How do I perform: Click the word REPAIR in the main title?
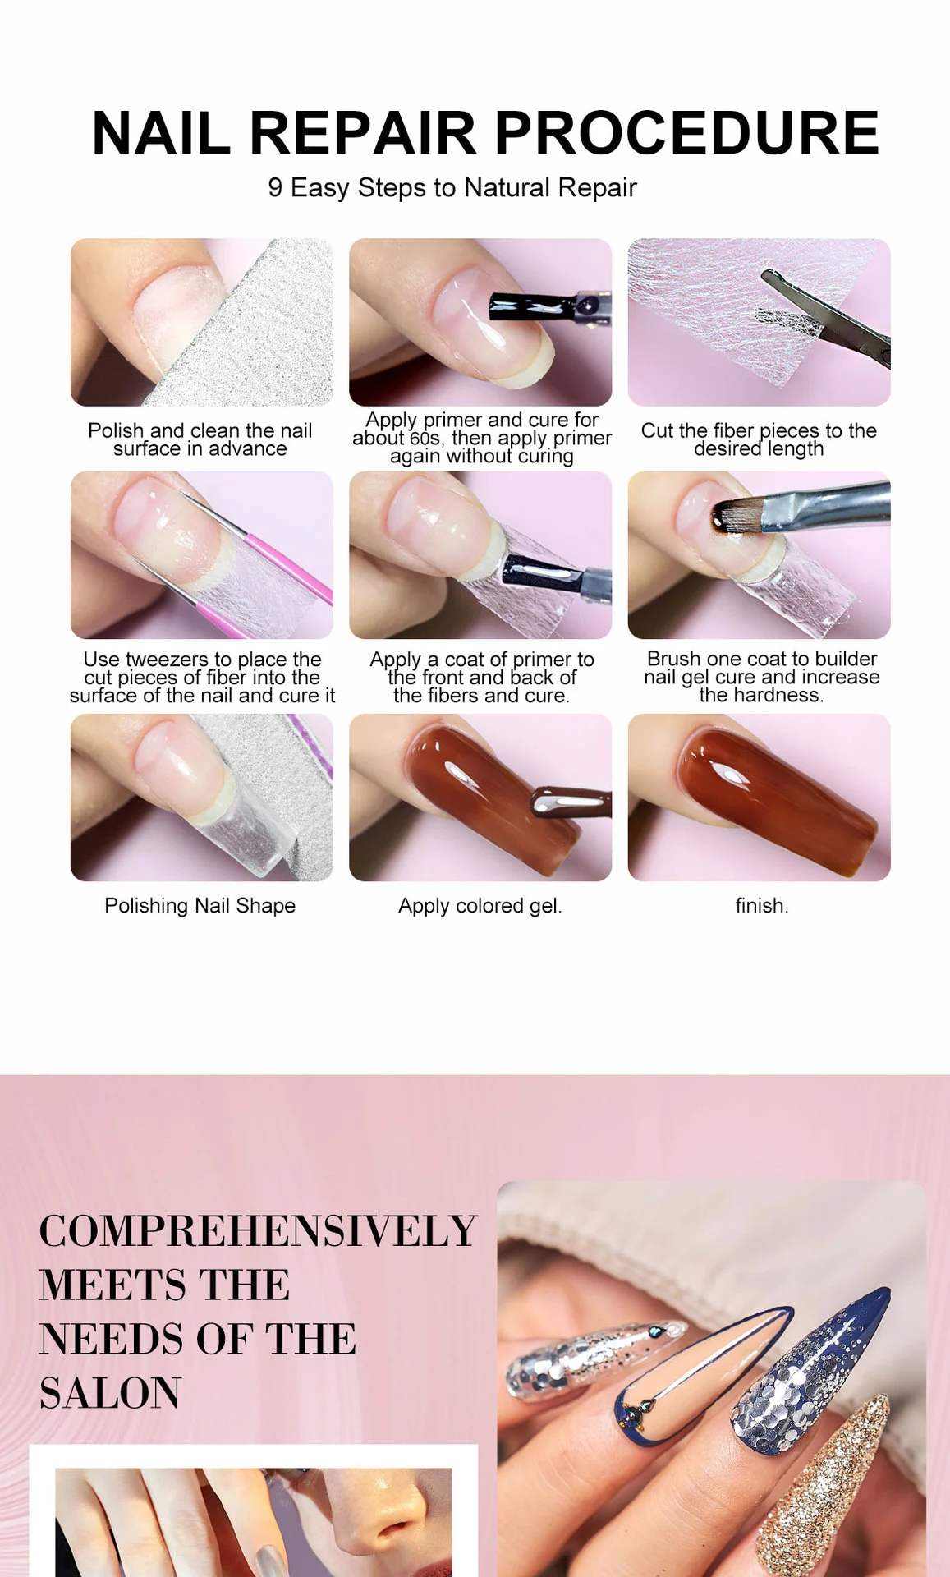[362, 133]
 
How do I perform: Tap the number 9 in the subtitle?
[275, 188]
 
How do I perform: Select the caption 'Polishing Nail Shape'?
[200, 906]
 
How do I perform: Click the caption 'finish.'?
[761, 906]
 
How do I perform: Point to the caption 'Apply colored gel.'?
[480, 906]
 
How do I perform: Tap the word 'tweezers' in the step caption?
[168, 660]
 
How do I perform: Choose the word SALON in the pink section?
[110, 1393]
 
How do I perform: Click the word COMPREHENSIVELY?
[257, 1231]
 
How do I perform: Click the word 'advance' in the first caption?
[247, 449]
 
